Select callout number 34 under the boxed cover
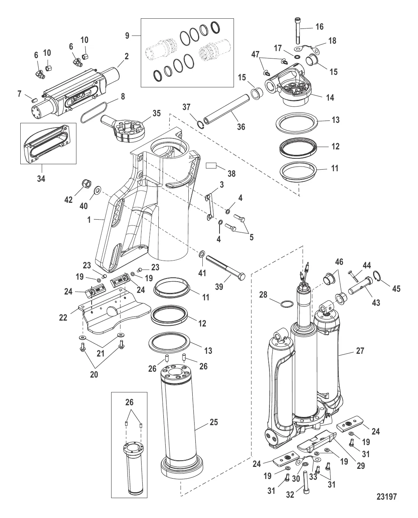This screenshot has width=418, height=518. tap(41, 179)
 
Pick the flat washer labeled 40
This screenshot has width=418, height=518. tap(97, 190)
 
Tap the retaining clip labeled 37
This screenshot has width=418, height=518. tap(200, 124)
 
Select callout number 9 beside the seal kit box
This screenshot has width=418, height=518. tap(127, 35)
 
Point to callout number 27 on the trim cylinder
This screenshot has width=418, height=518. tap(360, 351)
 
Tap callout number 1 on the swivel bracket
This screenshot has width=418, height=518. tap(89, 220)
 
